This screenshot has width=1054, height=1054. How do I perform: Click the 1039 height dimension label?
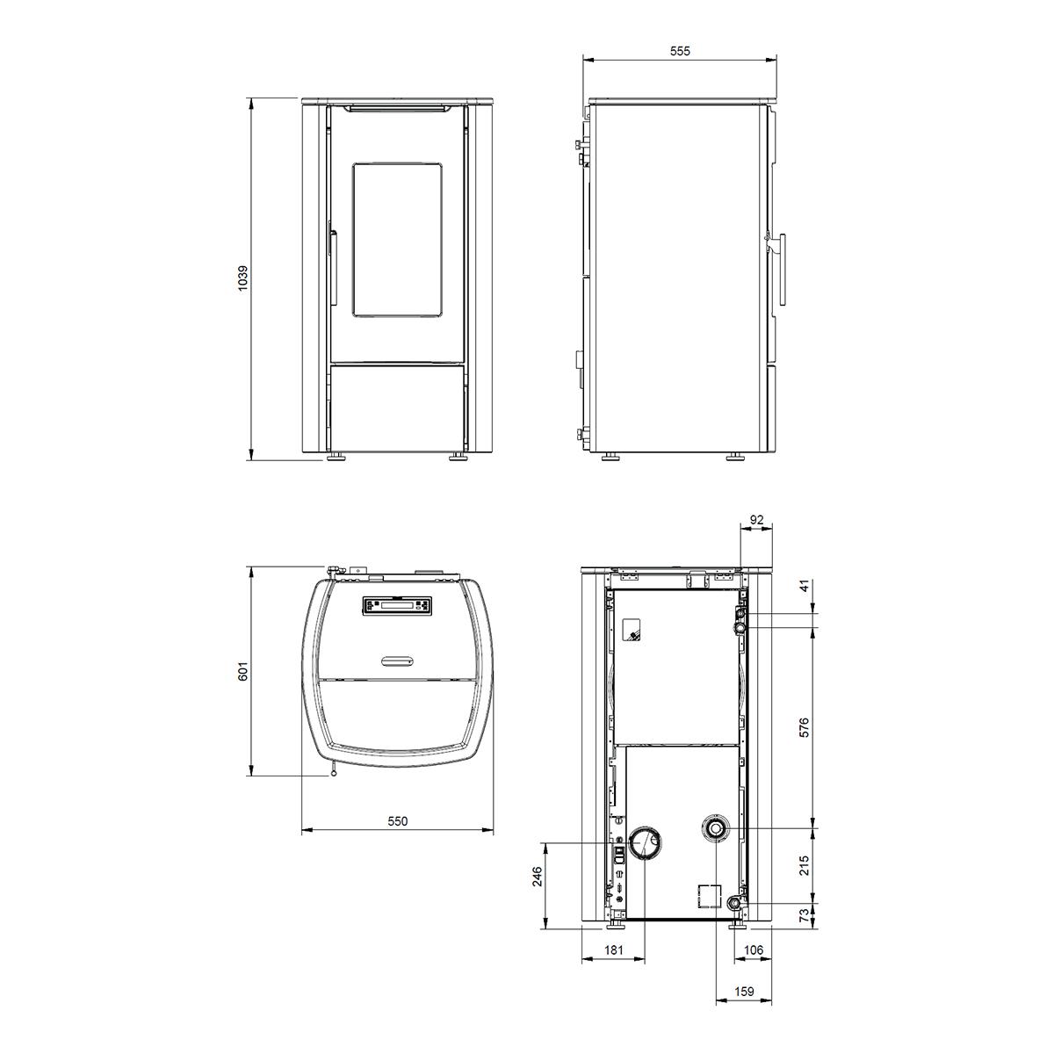[x=243, y=278]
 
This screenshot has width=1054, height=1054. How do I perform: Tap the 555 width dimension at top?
[x=680, y=51]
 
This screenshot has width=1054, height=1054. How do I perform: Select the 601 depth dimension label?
[x=243, y=671]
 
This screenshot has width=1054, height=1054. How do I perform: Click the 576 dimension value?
[x=804, y=727]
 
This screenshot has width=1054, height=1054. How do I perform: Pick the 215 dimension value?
[x=804, y=865]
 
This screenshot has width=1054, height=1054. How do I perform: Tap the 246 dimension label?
[x=538, y=877]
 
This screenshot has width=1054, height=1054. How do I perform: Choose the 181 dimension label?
[x=614, y=950]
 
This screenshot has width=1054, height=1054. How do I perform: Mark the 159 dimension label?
[x=744, y=991]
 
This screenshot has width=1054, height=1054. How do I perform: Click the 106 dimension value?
[x=754, y=950]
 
